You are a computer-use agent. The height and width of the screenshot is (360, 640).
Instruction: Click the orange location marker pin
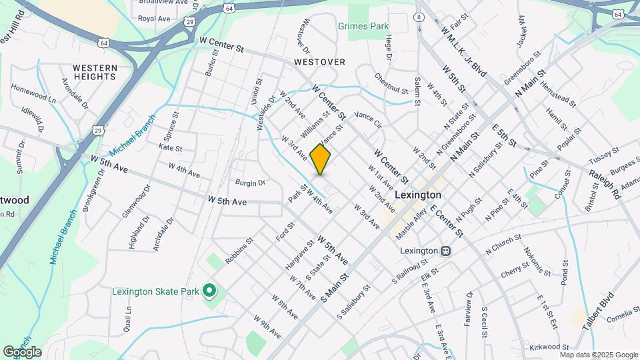pyautogui.click(x=321, y=159)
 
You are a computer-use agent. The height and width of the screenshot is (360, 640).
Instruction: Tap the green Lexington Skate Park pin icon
pyautogui.click(x=209, y=290)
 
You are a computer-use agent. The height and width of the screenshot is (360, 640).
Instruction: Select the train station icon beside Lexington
pyautogui.click(x=445, y=251)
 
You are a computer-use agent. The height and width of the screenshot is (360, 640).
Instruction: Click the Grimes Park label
pyautogui.click(x=363, y=27)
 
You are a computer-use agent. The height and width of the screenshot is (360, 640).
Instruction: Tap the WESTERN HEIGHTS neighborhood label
pyautogui.click(x=95, y=72)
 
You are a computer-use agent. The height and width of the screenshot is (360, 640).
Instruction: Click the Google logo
pyautogui.click(x=21, y=352)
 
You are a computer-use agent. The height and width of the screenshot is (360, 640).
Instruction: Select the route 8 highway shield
pyautogui.click(x=419, y=17)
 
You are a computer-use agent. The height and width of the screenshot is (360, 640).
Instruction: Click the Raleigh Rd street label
pyautogui.click(x=605, y=182)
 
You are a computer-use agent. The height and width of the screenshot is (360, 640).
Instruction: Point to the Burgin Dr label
pyautogui.click(x=250, y=181)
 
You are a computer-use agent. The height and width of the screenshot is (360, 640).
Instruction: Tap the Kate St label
pyautogui.click(x=171, y=148)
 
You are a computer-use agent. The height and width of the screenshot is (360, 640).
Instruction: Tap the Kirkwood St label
pyautogui.click(x=549, y=347)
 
